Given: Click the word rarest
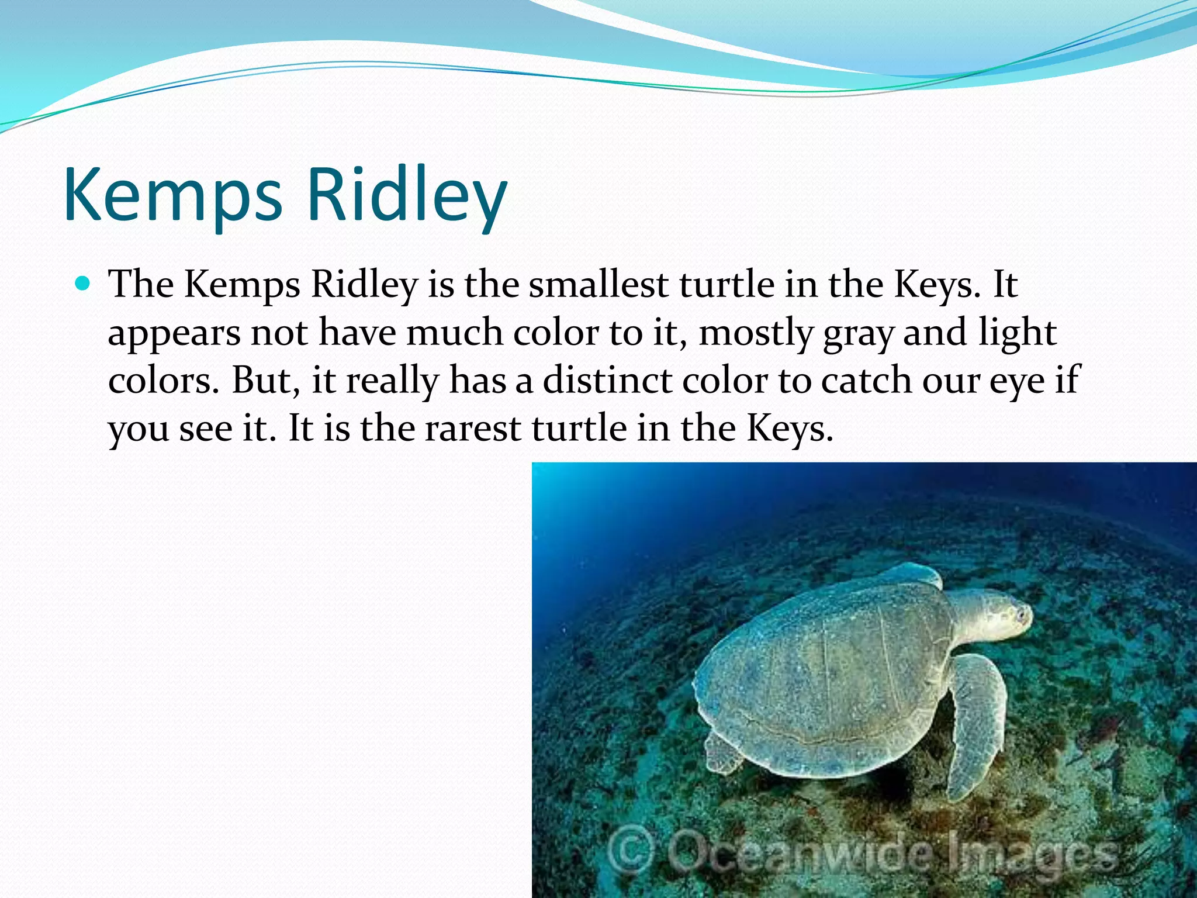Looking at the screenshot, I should click(x=472, y=429).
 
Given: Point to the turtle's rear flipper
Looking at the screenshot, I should click(x=722, y=754).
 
